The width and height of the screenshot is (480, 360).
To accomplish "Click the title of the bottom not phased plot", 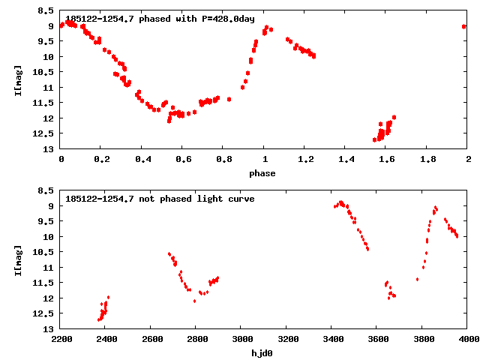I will click(x=160, y=199).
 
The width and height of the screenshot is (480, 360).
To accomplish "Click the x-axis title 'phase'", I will click(x=262, y=173).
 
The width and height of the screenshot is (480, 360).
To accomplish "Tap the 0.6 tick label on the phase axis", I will click(x=182, y=160).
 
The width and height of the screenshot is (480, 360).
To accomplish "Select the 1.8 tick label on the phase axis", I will click(x=427, y=160).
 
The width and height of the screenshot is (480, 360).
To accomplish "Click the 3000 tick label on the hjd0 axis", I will click(x=240, y=340).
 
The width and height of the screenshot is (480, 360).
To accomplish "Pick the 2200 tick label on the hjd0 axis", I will click(x=61, y=340).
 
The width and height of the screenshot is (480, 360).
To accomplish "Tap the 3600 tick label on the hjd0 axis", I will click(x=376, y=340).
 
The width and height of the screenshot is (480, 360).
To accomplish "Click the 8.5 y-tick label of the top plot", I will click(x=46, y=11).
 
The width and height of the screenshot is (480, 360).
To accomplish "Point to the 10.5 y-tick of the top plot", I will click(x=43, y=73).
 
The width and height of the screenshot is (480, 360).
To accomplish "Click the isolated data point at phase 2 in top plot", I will click(x=464, y=26).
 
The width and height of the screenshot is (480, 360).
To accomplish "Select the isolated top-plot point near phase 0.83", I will click(x=229, y=99).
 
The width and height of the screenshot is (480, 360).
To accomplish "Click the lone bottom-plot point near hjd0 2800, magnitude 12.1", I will click(x=194, y=301).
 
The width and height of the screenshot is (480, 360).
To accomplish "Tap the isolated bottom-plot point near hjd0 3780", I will click(x=417, y=279).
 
